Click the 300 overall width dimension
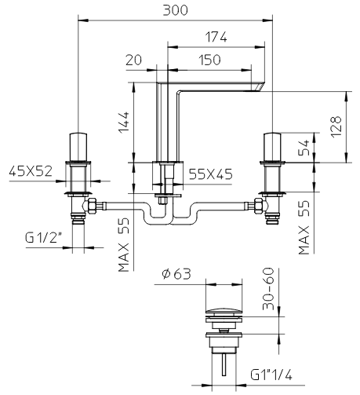coord(175,10)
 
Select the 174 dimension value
coord(216,37)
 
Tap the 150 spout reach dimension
coord(209,60)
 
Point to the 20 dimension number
coord(133,60)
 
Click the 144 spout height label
coord(124,123)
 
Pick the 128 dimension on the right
coord(336,126)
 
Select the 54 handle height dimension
coord(304,148)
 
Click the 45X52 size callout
coord(31,171)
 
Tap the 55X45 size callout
coord(210,174)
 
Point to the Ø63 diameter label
coord(176,274)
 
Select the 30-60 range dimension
coord(268,289)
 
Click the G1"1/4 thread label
coord(271,375)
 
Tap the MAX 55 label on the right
coord(304,228)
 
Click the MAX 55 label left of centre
coord(124,245)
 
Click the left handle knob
coord(78,147)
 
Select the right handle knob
coord(272,147)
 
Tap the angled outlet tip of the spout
coord(258,86)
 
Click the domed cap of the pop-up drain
coord(224,312)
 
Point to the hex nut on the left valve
coord(92,206)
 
